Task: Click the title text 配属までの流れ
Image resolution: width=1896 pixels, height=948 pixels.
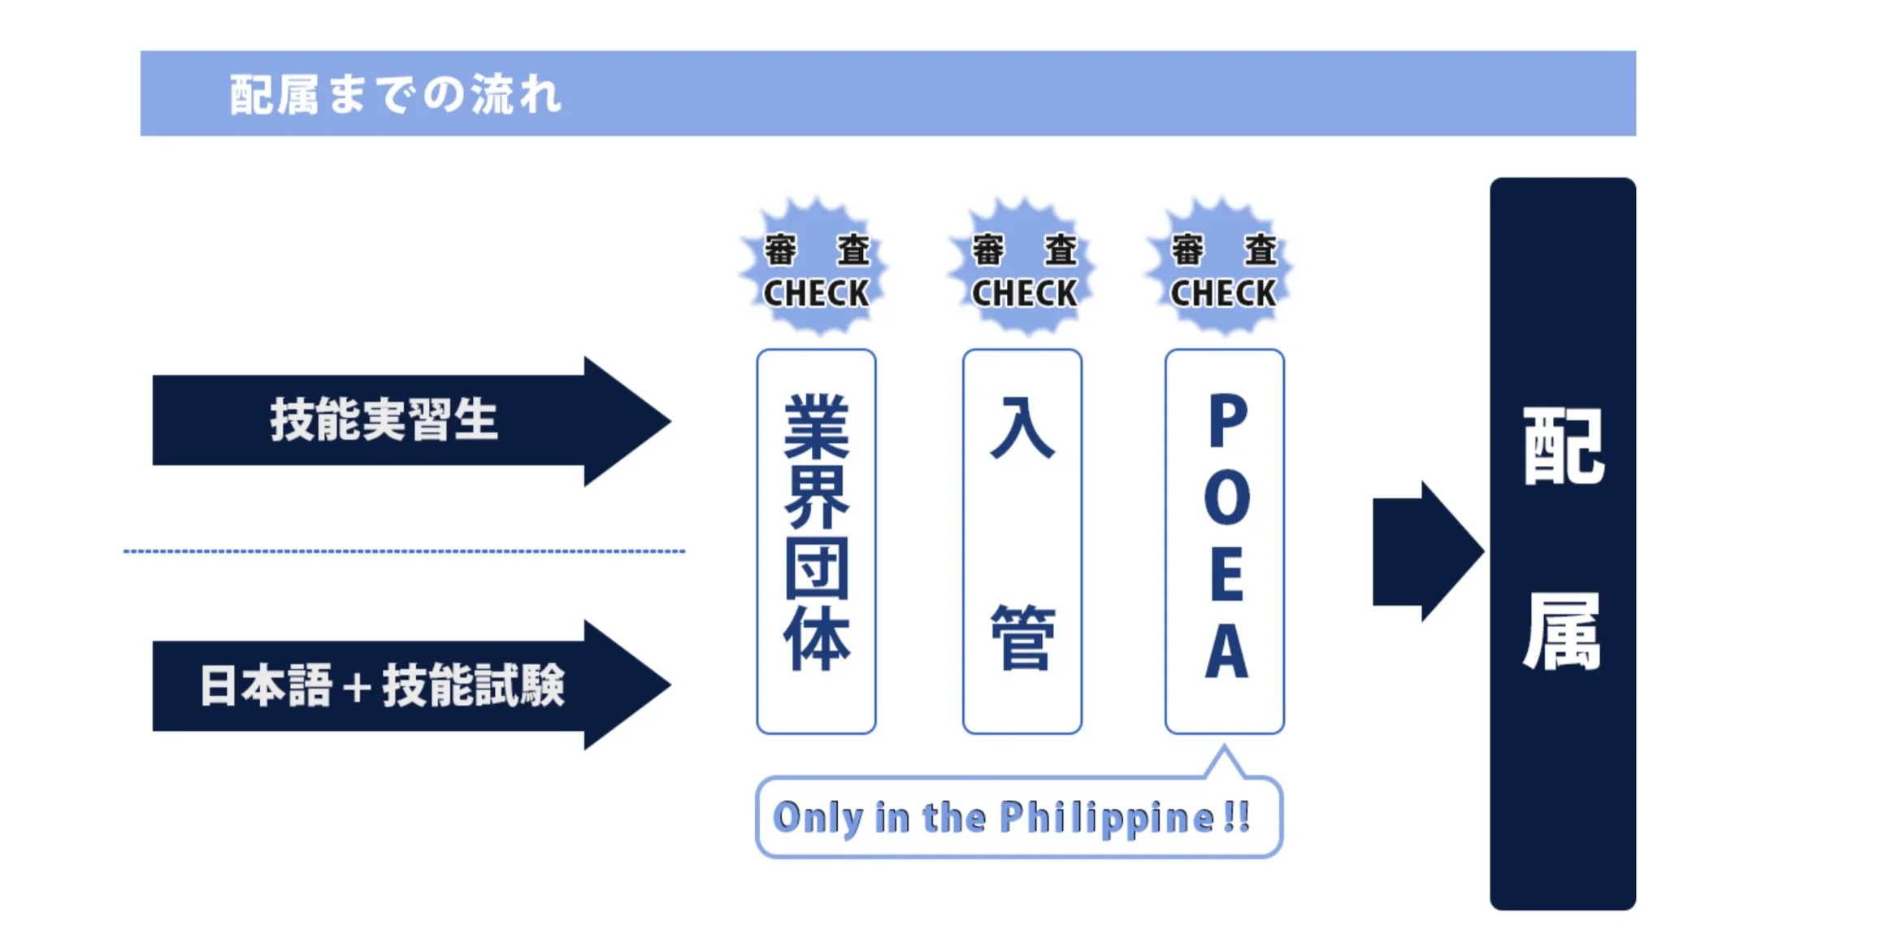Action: coord(395,94)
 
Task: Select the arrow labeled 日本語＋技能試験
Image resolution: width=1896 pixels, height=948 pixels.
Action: coord(382,685)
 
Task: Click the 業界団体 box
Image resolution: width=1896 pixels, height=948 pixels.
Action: coord(816,541)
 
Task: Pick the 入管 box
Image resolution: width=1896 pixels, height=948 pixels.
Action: coord(1022,541)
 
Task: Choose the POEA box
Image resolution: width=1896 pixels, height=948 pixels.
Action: coord(1224,541)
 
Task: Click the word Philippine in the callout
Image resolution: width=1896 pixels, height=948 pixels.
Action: coord(1106,818)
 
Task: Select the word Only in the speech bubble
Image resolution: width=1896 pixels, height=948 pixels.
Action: coord(817,818)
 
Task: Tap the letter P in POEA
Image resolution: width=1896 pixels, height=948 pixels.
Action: coord(1227,420)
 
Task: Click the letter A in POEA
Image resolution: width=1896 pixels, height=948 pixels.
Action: coord(1226,651)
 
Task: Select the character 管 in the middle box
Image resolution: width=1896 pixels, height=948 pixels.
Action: coord(1022,637)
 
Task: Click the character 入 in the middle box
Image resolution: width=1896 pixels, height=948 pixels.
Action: coord(1022,428)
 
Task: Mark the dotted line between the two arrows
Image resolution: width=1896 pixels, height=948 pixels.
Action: coord(404,551)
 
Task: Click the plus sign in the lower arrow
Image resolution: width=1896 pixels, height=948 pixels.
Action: coord(357,688)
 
